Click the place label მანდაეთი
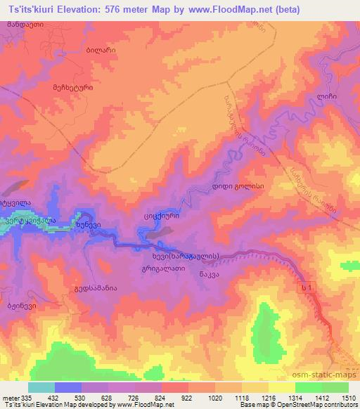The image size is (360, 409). click(25, 24)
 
